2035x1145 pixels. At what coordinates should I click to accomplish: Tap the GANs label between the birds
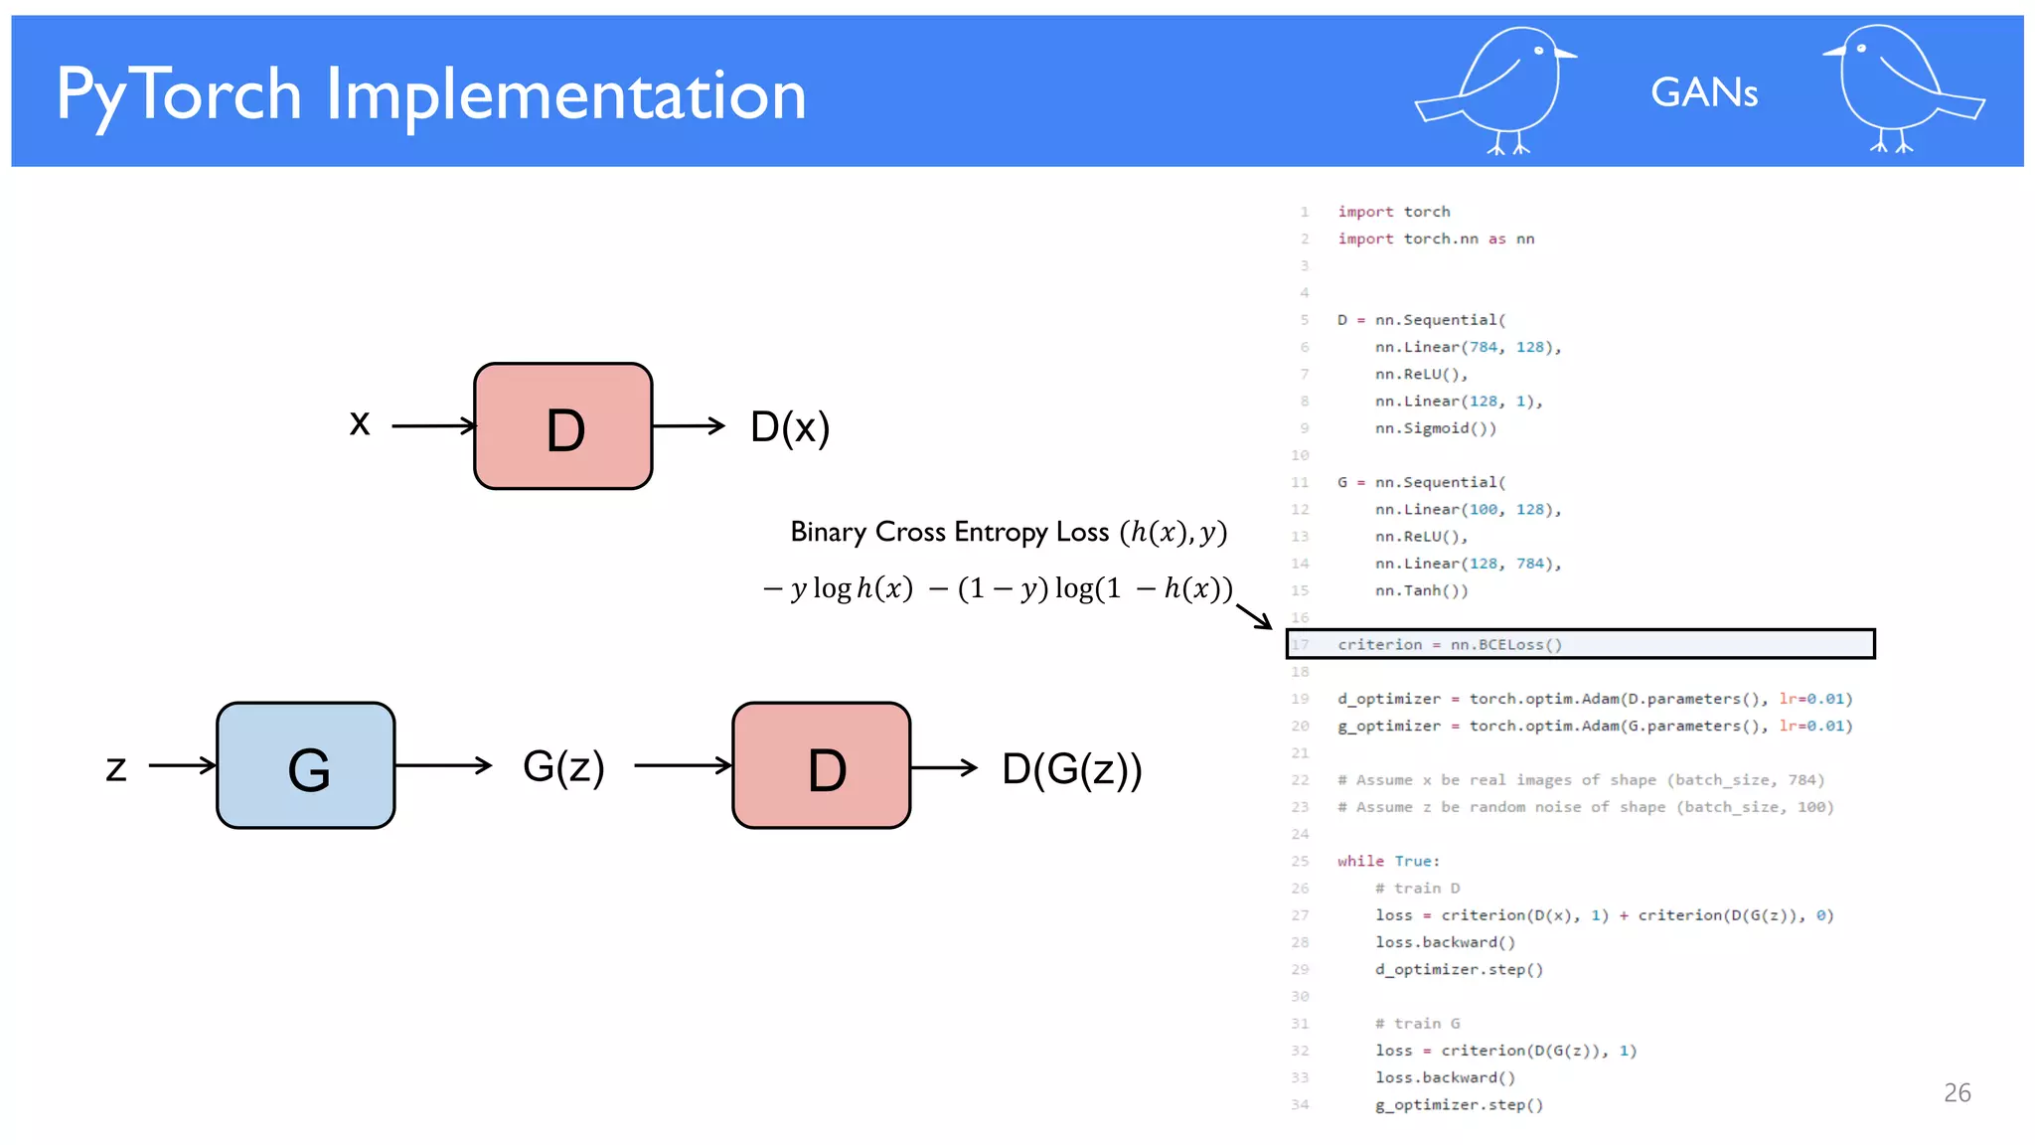point(1703,92)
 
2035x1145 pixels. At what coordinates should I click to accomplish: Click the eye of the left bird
point(1538,51)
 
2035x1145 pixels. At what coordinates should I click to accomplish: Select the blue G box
point(306,765)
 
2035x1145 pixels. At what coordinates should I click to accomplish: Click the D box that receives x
point(563,426)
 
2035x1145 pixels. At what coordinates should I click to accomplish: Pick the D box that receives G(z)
point(822,765)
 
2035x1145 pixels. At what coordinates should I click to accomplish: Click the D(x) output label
point(790,427)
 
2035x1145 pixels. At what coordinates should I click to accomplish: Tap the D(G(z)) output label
point(1072,768)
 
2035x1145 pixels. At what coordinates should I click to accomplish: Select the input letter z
point(116,767)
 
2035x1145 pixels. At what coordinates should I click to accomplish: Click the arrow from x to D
point(433,426)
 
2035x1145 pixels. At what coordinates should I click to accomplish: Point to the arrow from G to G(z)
point(443,765)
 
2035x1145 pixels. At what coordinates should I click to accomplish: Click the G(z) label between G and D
point(563,766)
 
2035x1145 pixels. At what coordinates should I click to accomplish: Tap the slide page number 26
point(1957,1092)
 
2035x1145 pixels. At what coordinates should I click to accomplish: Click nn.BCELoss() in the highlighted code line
point(1505,644)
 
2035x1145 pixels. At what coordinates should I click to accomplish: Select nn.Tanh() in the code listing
point(1421,590)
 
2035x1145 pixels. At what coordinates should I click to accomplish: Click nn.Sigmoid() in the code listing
point(1435,428)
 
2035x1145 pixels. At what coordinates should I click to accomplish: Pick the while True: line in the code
point(1388,861)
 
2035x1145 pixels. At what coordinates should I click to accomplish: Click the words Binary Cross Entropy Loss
point(949,532)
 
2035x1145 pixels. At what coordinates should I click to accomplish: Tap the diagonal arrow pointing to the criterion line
point(1254,616)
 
